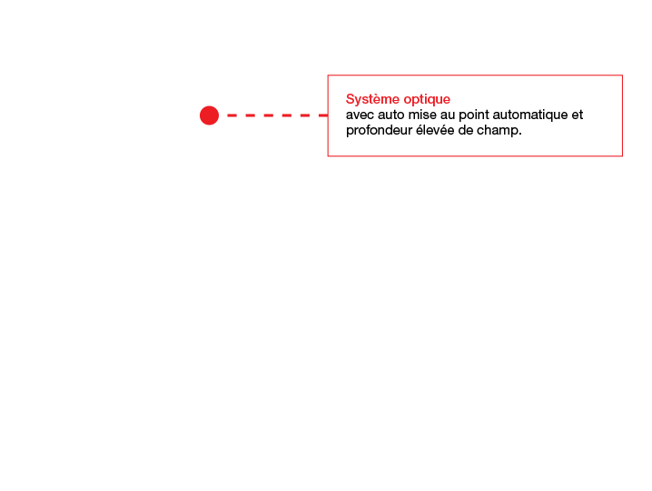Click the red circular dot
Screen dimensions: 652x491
209,115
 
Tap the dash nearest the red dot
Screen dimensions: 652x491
232,115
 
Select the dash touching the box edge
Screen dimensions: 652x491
323,115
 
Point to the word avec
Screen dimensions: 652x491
360,115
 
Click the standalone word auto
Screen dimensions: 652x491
390,115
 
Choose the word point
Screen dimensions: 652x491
474,115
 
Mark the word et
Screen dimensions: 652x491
578,115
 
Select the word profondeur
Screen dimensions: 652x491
379,131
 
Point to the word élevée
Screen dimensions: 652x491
435,130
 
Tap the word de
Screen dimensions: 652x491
465,130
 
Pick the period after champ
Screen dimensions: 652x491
519,134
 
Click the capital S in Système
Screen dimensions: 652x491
350,99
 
